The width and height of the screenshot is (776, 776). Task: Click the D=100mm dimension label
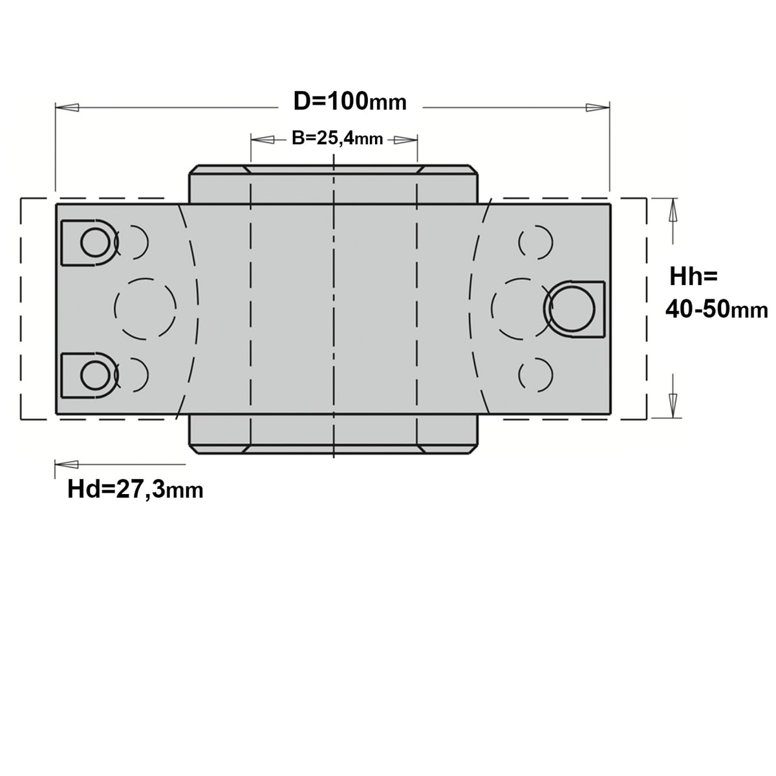click(350, 102)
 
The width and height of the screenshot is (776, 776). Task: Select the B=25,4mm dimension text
click(337, 139)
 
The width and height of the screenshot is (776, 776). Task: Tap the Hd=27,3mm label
click(135, 490)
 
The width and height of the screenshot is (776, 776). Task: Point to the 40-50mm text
click(717, 310)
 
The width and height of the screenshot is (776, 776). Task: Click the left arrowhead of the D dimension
click(67, 107)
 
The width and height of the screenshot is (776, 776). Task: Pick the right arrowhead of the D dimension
click(598, 107)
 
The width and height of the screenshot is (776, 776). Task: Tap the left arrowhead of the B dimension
click(263, 140)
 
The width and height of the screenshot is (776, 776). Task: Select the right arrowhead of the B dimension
click(405, 140)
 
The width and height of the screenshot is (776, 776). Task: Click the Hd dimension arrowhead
click(67, 464)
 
